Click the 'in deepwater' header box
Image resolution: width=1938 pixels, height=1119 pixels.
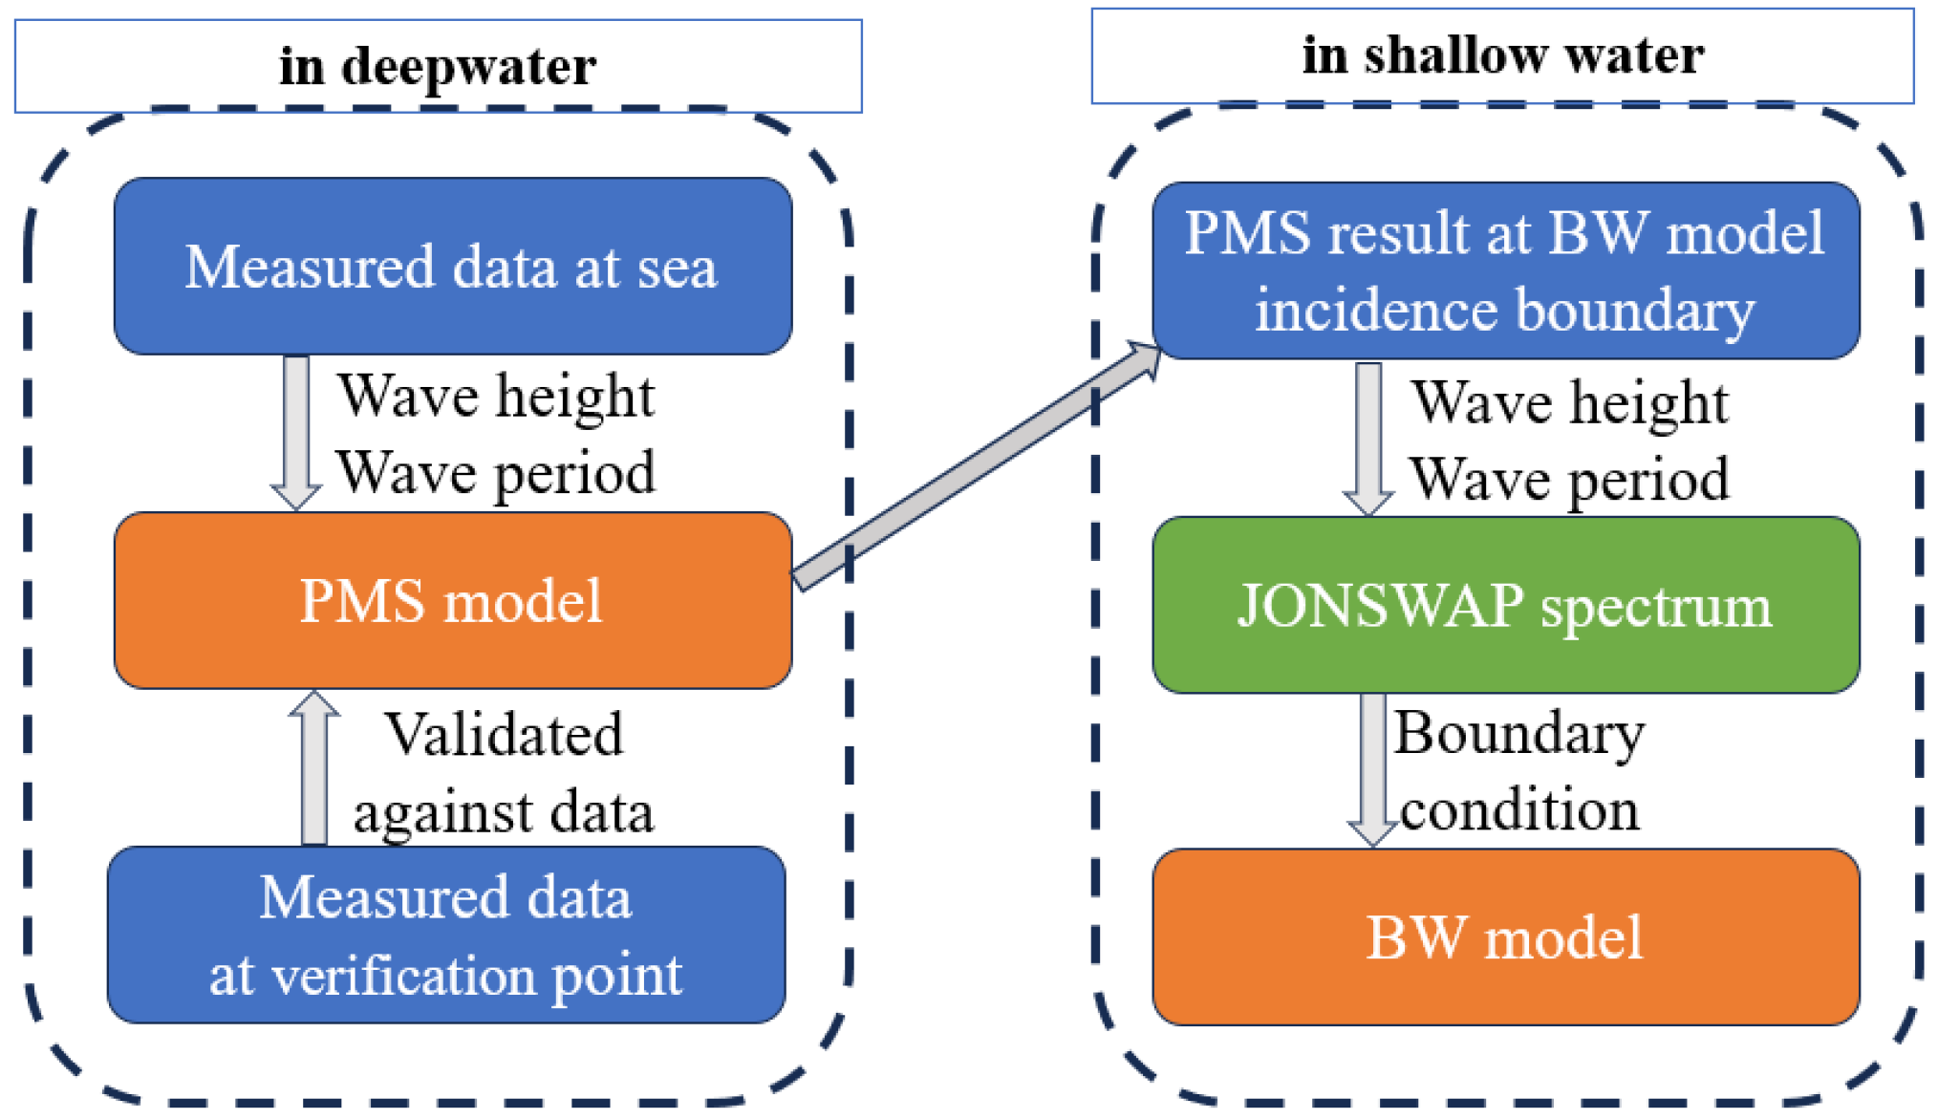pos(438,66)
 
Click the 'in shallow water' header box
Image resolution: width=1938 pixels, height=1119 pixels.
pos(1502,54)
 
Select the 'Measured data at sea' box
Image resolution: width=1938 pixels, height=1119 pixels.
pos(452,266)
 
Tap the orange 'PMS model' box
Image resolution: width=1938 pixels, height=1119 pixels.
pos(452,600)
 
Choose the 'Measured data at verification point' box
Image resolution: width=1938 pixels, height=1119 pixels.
pos(446,935)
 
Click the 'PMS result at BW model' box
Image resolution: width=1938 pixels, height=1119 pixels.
pos(1505,270)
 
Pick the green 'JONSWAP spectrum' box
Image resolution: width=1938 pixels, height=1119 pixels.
pos(1505,605)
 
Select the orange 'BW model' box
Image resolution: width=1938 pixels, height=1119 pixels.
pos(1505,936)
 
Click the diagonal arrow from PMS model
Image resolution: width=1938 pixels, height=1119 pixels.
pos(975,465)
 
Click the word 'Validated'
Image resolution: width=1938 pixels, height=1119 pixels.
pos(504,734)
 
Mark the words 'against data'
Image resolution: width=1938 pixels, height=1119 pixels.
pos(504,812)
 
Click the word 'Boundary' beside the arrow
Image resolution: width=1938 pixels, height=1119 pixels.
pos(1519,733)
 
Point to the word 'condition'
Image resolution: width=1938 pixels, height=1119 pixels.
pos(1519,809)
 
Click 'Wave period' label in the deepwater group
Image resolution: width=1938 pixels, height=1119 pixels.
pos(496,473)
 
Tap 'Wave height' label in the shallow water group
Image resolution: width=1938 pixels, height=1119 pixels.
pos(1571,401)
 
